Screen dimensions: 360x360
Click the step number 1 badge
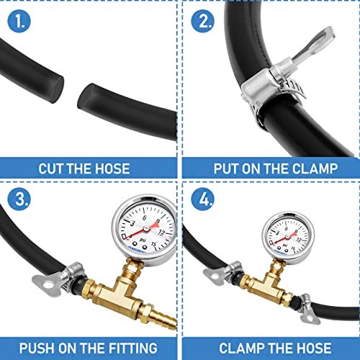point(22,21)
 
